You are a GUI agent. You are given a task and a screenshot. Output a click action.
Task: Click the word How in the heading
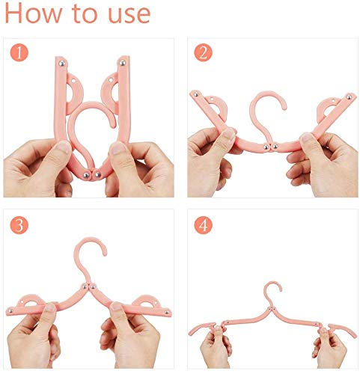coord(34,13)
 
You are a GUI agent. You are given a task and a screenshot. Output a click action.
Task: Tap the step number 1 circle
coord(19,52)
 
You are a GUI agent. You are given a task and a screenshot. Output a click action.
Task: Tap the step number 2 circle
coord(204,52)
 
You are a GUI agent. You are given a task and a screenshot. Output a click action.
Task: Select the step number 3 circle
coord(19,225)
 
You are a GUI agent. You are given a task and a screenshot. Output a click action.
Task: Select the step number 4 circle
coord(204,225)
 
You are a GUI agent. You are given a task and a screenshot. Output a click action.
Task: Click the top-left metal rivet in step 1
coord(61,64)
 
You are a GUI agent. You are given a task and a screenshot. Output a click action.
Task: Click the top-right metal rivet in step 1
coord(122,63)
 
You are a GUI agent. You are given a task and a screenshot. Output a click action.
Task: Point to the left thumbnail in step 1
coord(62,147)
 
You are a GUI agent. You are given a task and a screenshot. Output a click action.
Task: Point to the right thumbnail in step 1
coord(117,148)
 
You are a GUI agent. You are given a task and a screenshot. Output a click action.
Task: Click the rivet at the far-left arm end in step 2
coord(196,94)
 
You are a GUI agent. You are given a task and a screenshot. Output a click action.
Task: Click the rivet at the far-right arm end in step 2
coord(349,97)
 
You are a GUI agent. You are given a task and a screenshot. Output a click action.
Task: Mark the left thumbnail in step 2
coord(228,134)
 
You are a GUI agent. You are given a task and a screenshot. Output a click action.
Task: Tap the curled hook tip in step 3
coord(104,253)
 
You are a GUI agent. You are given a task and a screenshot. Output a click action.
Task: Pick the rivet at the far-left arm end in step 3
coord(10,310)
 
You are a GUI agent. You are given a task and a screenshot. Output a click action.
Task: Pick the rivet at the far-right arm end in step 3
coord(167,312)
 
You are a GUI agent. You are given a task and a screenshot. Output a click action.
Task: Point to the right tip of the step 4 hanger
coord(355,336)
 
